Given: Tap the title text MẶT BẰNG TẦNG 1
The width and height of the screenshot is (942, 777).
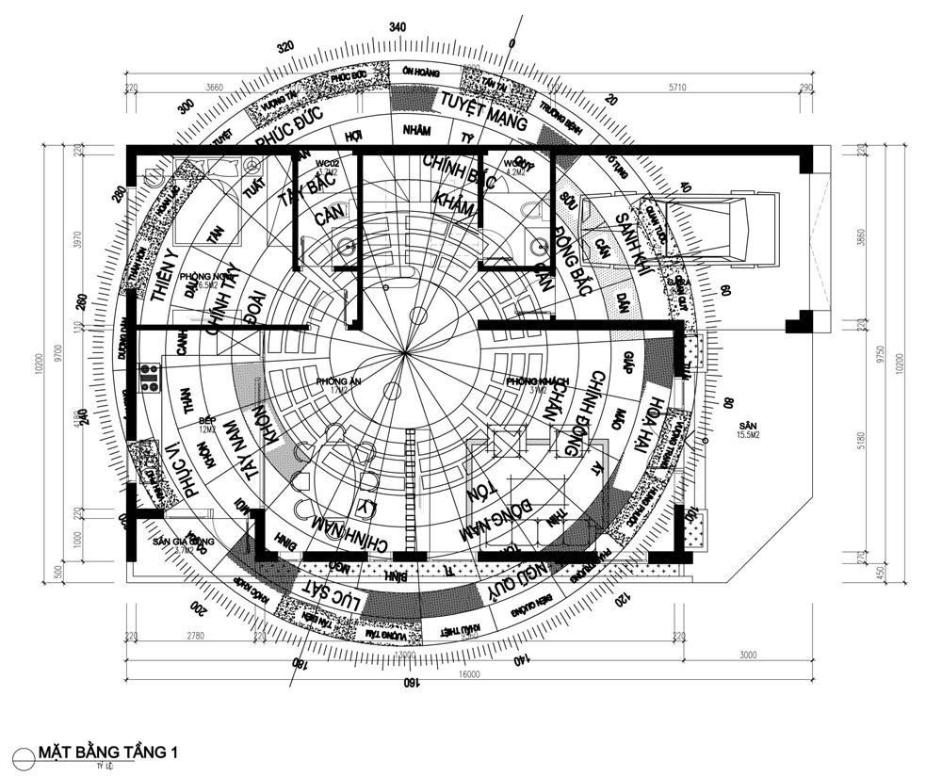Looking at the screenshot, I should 108,752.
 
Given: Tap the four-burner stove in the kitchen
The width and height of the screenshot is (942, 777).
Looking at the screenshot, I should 150,378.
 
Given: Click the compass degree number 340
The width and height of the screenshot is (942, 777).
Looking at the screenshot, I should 398,28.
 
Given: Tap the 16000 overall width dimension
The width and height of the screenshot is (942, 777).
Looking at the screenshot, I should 469,673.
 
